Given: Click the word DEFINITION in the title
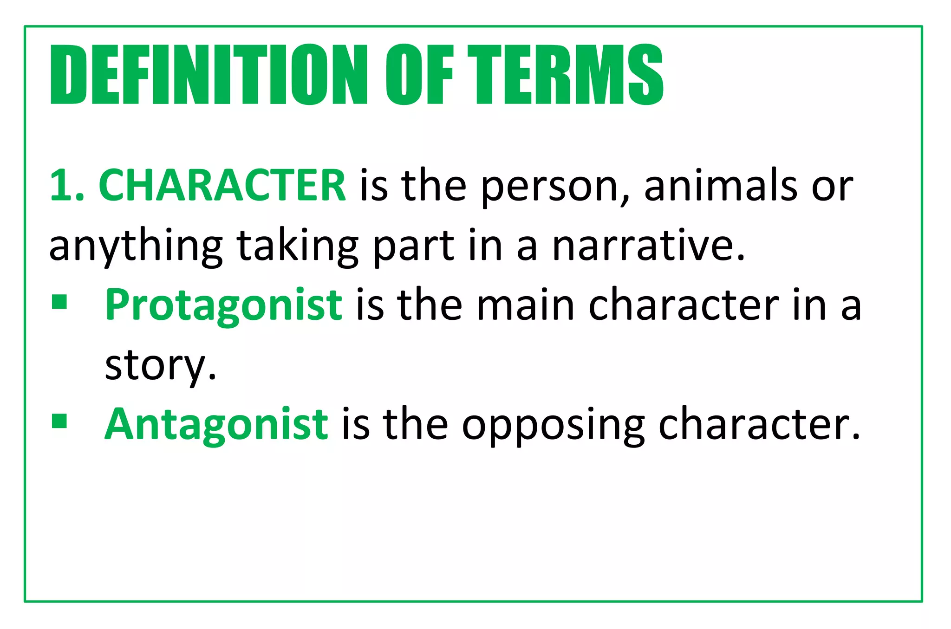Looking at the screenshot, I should (x=209, y=74).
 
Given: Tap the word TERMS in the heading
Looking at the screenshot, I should (x=565, y=74).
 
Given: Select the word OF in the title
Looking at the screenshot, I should (x=419, y=74).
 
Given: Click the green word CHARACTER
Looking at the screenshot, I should (x=222, y=185).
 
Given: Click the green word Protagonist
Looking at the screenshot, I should (x=223, y=305).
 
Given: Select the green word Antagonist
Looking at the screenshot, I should (x=216, y=424).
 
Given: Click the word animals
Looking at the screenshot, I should (x=721, y=185).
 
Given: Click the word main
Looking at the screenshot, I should (x=526, y=305).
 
